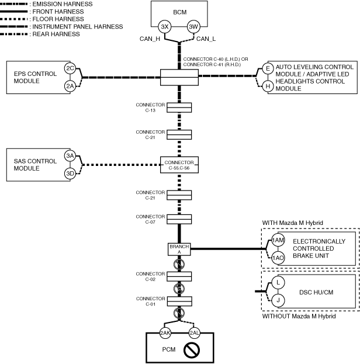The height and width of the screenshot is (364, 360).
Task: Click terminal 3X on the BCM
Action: (x=165, y=27)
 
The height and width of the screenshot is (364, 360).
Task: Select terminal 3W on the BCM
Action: (x=193, y=27)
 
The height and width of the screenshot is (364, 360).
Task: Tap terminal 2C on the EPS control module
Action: (x=70, y=68)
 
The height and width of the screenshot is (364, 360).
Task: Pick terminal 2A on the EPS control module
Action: (x=70, y=86)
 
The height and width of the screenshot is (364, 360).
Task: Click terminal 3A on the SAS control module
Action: (x=70, y=155)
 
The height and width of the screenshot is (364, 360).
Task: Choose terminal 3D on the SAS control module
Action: (x=70, y=174)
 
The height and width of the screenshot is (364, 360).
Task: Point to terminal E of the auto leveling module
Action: (x=268, y=68)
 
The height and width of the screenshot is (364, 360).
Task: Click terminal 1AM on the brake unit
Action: (x=278, y=240)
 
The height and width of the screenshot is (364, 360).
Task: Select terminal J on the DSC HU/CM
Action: (x=278, y=300)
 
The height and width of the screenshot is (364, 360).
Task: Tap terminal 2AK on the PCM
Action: (x=165, y=333)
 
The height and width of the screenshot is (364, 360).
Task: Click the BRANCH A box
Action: (x=179, y=249)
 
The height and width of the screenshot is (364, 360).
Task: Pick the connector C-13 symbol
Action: (x=179, y=108)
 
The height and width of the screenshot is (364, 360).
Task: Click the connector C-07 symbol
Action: (x=179, y=219)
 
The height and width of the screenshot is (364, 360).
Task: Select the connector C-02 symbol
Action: (x=179, y=277)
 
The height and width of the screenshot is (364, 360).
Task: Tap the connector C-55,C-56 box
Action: (x=179, y=165)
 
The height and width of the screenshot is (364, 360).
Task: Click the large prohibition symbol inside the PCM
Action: (x=192, y=350)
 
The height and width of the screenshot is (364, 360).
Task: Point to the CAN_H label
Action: (x=150, y=39)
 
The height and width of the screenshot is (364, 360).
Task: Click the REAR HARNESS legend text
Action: (x=56, y=34)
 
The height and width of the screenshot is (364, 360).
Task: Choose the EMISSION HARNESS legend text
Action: (x=63, y=4)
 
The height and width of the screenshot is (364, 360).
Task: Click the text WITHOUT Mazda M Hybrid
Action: (x=299, y=316)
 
